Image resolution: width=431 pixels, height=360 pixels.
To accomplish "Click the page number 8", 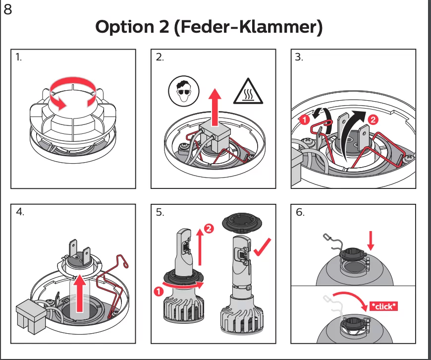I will [x=7, y=9].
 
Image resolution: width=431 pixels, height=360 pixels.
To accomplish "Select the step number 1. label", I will [x=19, y=58].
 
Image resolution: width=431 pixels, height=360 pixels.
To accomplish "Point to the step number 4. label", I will [x=20, y=212].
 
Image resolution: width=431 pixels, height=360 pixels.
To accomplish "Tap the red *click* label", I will [x=383, y=306].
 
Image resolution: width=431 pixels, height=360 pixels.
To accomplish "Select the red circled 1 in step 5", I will [x=158, y=292].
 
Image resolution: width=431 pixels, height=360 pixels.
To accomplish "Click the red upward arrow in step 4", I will [x=79, y=296].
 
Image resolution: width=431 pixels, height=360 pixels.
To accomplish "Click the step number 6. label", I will [x=300, y=212].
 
